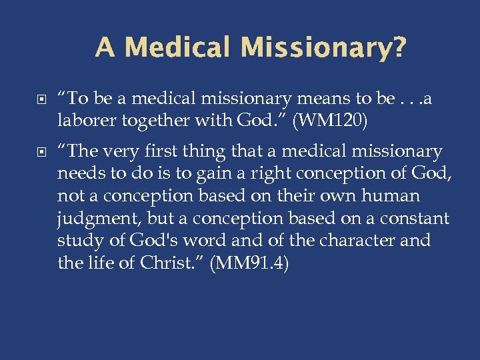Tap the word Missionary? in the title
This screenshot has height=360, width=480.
click(323, 47)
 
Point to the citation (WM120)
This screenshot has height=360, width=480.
click(340, 122)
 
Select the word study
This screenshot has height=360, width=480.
click(78, 241)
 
